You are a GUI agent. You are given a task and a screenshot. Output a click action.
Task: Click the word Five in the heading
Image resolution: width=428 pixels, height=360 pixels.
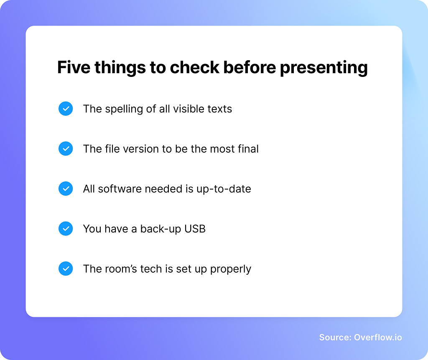pos(74,67)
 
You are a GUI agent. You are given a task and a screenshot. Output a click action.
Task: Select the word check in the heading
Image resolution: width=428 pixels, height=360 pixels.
pos(194,67)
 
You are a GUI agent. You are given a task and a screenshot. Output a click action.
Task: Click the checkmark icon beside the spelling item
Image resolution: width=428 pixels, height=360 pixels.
pos(66,109)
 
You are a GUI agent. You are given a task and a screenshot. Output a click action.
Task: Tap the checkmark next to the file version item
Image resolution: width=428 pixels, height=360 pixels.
pos(66,148)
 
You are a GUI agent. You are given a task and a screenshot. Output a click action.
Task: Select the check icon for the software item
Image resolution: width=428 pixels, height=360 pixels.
pos(66,189)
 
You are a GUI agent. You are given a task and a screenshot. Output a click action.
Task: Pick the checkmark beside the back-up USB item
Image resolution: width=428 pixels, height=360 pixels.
pos(66,229)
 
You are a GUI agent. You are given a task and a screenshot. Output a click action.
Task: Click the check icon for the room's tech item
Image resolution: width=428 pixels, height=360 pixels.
pos(66,269)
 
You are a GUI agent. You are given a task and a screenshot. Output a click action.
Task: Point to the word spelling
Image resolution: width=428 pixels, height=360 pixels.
pos(124,109)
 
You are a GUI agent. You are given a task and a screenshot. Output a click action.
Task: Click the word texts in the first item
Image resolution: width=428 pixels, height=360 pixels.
pos(220,109)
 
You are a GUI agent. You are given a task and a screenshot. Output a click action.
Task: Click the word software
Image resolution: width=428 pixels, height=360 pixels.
pos(120,189)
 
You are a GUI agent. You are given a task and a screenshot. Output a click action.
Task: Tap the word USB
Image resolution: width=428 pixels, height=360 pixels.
pos(195,229)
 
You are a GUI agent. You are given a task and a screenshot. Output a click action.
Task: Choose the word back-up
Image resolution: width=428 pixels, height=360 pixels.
pos(160,229)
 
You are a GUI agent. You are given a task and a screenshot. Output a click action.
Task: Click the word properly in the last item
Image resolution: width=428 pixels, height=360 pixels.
pos(231,269)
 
